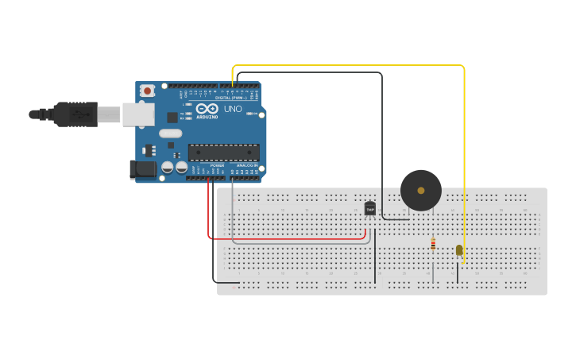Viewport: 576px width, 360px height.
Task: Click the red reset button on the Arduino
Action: coord(147,92)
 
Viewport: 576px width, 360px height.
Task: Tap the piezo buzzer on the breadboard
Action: coord(420,190)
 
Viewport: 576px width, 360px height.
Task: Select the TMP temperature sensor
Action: coord(370,208)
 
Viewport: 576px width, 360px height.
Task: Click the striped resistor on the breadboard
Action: coord(433,245)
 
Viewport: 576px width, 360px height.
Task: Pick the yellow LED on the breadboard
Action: coord(459,250)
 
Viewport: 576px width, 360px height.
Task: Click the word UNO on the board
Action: coord(233,109)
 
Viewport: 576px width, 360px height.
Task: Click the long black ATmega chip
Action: coord(223,152)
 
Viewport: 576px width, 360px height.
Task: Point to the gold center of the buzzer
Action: coord(420,191)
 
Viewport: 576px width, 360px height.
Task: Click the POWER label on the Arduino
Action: coord(217,165)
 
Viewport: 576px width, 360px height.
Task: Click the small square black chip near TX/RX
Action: coord(172,118)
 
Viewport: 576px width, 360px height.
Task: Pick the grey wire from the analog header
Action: coord(302,242)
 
